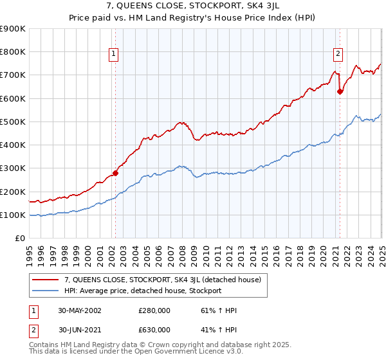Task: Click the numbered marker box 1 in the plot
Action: click(x=113, y=55)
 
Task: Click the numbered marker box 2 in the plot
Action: click(x=338, y=55)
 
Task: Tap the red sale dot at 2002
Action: click(x=116, y=172)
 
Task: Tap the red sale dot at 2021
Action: click(x=340, y=91)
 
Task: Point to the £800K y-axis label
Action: click(x=13, y=52)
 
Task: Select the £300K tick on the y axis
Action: click(x=13, y=168)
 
